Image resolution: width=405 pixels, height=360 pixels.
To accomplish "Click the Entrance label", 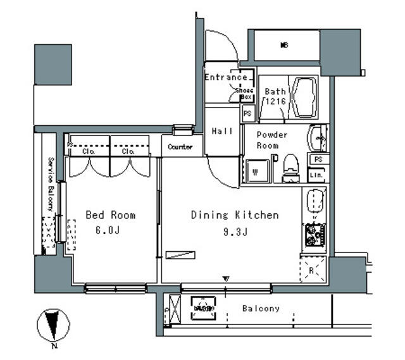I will click(x=226, y=78).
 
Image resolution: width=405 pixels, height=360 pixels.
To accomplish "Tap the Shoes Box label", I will click(x=245, y=94).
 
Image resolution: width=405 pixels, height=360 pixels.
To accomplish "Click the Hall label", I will click(x=221, y=131).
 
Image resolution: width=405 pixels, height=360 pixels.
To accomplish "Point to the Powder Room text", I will click(x=272, y=140).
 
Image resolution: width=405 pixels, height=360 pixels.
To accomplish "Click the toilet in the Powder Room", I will click(x=290, y=168).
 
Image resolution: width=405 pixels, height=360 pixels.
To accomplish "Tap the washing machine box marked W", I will click(x=255, y=170).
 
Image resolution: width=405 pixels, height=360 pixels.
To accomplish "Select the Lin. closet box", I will click(x=316, y=175).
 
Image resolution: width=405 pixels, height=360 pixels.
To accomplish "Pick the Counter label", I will click(x=180, y=147).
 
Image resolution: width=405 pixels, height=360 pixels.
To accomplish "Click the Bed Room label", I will click(x=110, y=215).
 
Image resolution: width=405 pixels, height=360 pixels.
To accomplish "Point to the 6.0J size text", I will click(x=108, y=231).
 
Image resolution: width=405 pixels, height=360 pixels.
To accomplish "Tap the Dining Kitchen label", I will click(x=235, y=215).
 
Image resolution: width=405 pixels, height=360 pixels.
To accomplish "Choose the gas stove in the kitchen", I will click(x=313, y=235).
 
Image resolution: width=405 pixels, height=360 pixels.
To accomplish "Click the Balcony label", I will click(x=261, y=309).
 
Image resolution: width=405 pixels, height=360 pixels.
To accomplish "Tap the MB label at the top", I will click(x=285, y=44).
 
